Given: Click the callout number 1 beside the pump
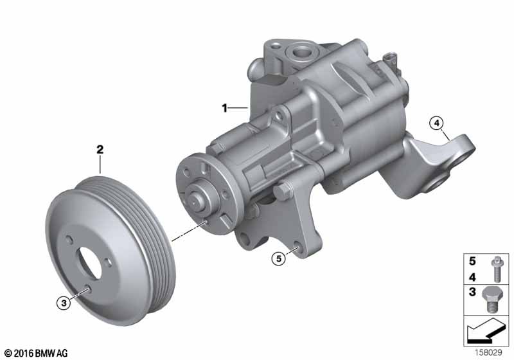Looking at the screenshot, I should coord(225,109).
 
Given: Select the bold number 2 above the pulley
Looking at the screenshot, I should coord(100,150).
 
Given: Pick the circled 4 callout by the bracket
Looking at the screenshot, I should coord(436,122).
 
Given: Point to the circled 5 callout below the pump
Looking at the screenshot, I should coord(278,258).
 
